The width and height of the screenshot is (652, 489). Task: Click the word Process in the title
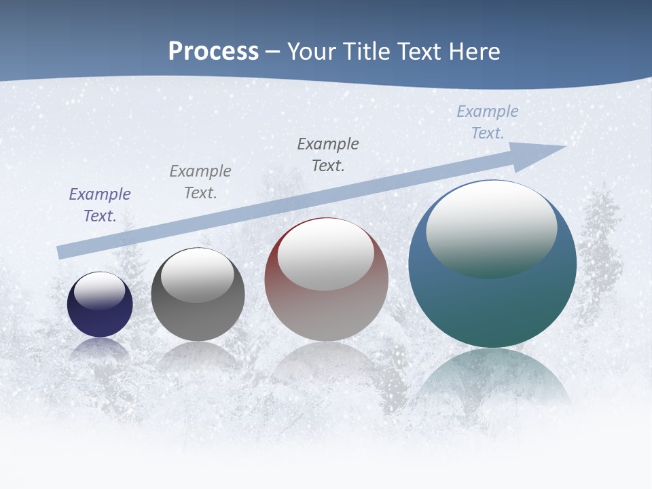point(213,52)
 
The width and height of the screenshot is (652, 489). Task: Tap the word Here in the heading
point(473,52)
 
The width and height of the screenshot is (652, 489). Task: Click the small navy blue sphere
point(100,319)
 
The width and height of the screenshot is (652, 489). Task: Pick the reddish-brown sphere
point(326,312)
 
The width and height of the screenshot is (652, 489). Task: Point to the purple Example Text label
point(100,205)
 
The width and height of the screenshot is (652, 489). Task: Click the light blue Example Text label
point(488,122)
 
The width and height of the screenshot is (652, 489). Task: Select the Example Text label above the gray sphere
point(200,182)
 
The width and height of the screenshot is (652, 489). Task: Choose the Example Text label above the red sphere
point(328,155)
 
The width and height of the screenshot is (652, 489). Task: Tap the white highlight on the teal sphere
point(491,228)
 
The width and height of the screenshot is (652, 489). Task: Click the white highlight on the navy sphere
point(100,291)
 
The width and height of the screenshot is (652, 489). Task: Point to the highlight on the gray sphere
point(197,274)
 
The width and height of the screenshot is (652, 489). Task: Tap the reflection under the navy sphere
point(100,348)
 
